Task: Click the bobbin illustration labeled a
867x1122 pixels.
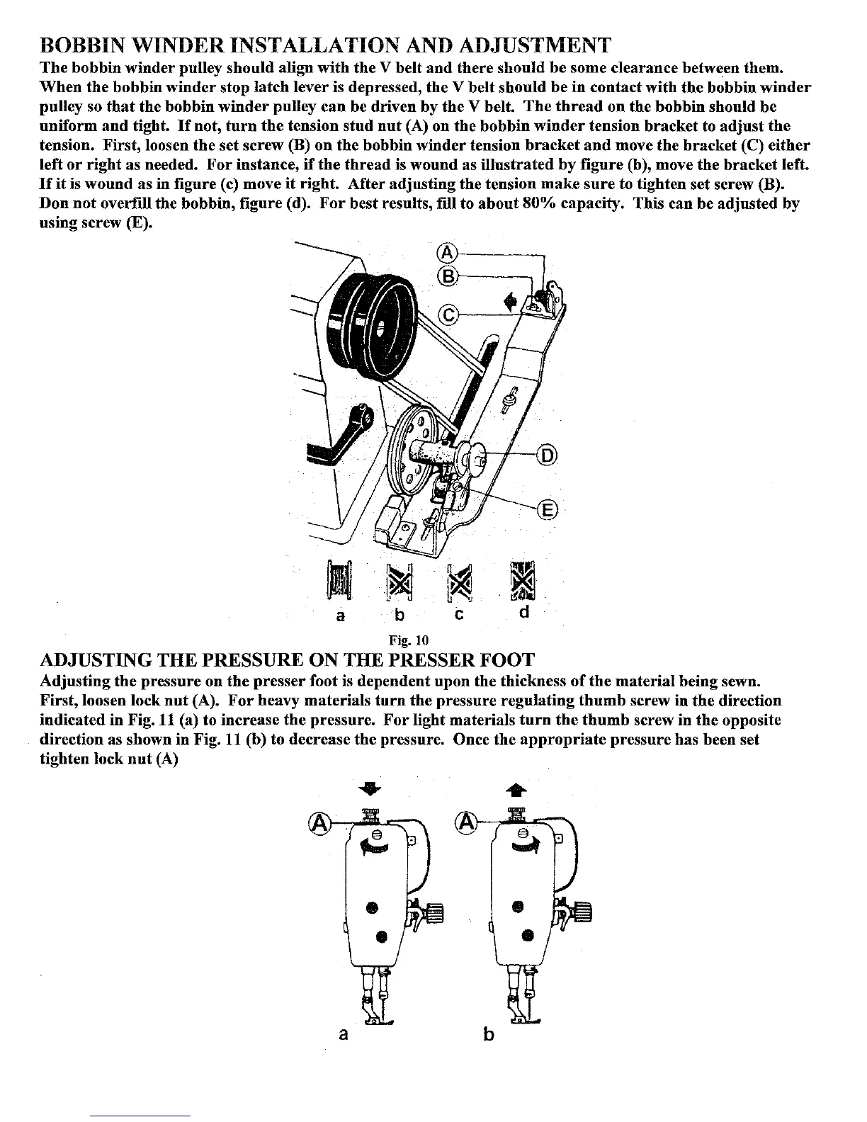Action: tap(339, 579)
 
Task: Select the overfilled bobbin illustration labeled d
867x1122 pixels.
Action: tap(523, 579)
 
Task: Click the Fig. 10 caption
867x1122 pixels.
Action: tap(409, 640)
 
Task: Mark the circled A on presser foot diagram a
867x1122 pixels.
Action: tap(320, 822)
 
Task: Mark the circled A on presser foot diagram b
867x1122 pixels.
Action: tap(468, 822)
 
